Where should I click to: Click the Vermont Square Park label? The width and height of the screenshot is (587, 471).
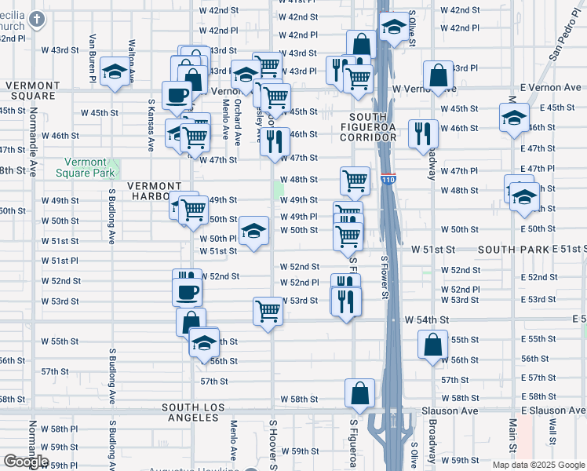[x=89, y=166]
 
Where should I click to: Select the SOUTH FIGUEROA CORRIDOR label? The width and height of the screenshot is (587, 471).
[x=368, y=127]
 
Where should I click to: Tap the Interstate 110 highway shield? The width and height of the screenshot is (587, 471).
[x=388, y=180]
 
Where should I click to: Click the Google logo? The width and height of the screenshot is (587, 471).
[x=26, y=462]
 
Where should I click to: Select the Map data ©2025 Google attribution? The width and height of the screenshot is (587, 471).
[x=538, y=465]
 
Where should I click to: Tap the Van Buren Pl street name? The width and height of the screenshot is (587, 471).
[x=93, y=57]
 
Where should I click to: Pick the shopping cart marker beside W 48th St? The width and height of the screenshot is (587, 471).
[x=355, y=181]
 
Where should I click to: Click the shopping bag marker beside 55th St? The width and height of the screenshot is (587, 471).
[x=432, y=345]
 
